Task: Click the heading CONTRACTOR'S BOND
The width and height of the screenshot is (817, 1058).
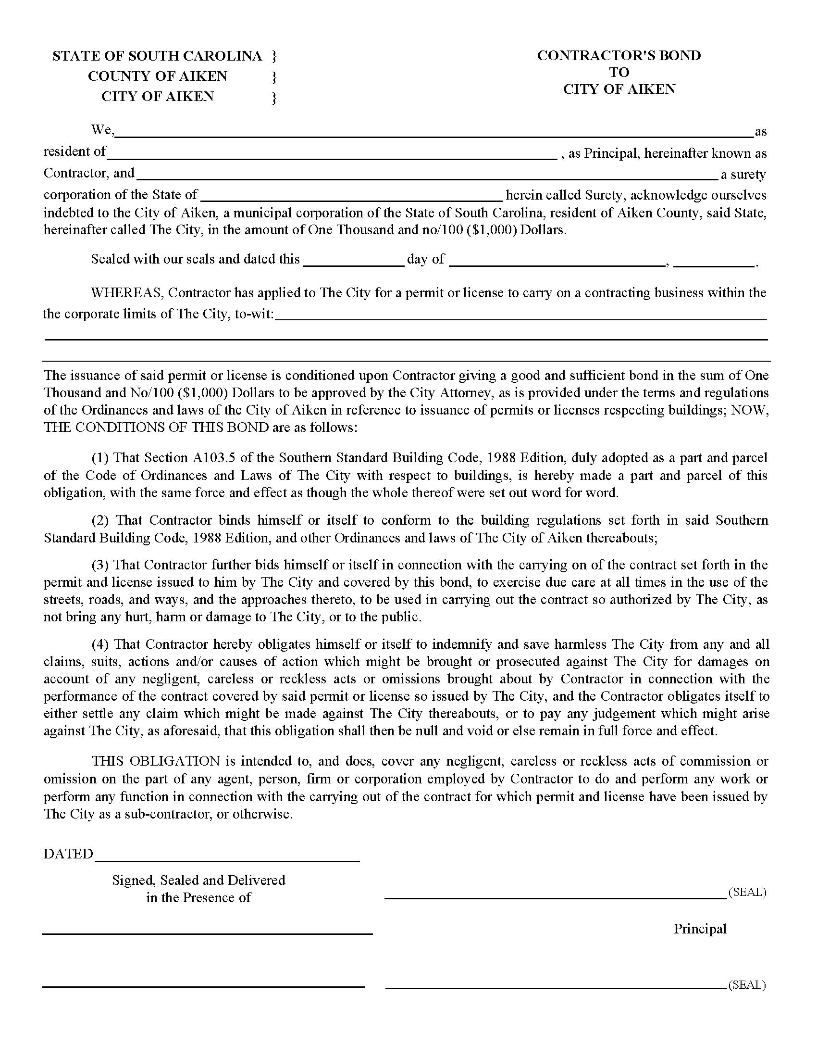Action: pyautogui.click(x=619, y=56)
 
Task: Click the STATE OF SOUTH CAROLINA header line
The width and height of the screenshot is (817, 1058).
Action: pyautogui.click(x=157, y=56)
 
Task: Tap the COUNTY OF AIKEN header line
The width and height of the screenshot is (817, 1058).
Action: pyautogui.click(x=157, y=76)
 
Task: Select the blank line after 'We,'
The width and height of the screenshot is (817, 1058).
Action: pyautogui.click(x=433, y=135)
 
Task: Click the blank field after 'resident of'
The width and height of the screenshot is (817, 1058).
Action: pyautogui.click(x=332, y=157)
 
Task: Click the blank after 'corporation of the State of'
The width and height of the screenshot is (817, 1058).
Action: pyautogui.click(x=351, y=199)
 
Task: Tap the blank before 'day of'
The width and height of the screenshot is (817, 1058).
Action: pyautogui.click(x=353, y=264)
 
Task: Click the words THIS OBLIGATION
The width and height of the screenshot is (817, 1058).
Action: pyautogui.click(x=156, y=761)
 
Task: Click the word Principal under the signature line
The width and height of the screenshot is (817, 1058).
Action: pyautogui.click(x=700, y=929)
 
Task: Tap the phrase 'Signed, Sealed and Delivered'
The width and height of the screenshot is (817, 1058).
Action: pyautogui.click(x=198, y=880)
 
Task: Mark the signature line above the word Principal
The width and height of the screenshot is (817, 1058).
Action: pyautogui.click(x=556, y=898)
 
